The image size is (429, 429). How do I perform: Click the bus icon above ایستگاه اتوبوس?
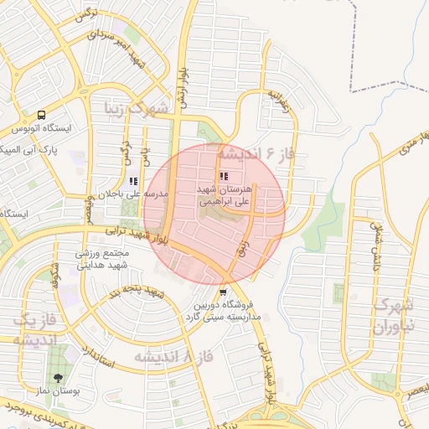[x=42, y=116]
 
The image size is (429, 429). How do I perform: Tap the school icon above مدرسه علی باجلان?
[x=133, y=180]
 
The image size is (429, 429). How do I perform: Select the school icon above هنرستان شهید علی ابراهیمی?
[x=223, y=176]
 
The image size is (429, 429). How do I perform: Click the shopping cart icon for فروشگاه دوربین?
[x=222, y=292]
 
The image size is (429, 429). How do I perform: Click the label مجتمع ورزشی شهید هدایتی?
[x=101, y=259]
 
